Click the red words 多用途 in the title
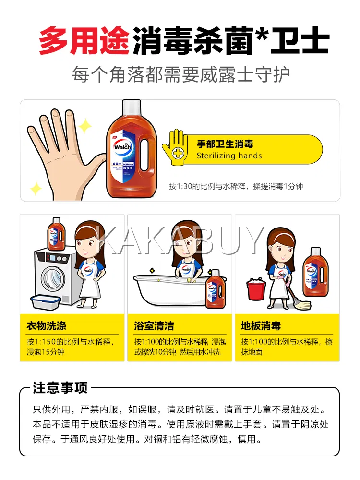[85, 40]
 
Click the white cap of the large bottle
[132, 108]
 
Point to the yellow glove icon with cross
[175, 147]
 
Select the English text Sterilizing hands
[229, 156]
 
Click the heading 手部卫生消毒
[225, 144]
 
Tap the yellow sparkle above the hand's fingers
[85, 126]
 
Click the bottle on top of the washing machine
[56, 234]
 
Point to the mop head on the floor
[300, 305]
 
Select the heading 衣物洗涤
[46, 326]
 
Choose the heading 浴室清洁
[154, 326]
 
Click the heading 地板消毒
[261, 326]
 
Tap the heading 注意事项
[60, 387]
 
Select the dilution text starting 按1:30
[236, 186]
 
